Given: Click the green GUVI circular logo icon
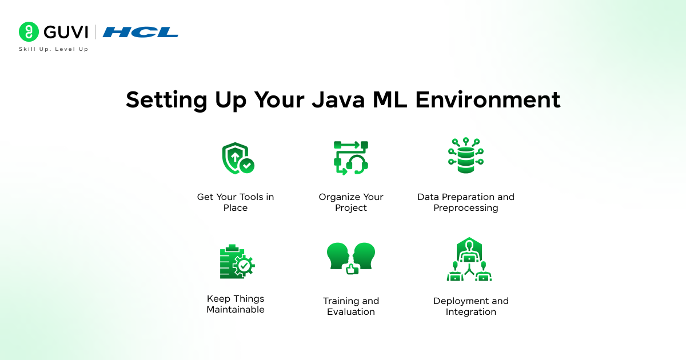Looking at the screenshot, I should point(29,32).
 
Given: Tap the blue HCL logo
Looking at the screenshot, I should point(140,32).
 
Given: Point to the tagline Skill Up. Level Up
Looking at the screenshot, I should point(53,50).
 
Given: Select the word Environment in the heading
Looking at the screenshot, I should point(488,99).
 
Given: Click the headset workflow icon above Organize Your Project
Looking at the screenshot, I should point(351,158).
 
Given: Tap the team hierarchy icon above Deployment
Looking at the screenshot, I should point(469,259).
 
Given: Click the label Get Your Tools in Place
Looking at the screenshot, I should point(236,202).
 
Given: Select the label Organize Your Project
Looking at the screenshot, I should point(351,202).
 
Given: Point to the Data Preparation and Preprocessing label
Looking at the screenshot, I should point(465,202).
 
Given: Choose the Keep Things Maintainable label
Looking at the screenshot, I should point(236,304).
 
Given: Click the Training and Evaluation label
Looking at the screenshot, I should point(351,306).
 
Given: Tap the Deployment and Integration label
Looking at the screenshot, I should point(470,306).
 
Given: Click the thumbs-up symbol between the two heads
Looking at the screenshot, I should point(351,269).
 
